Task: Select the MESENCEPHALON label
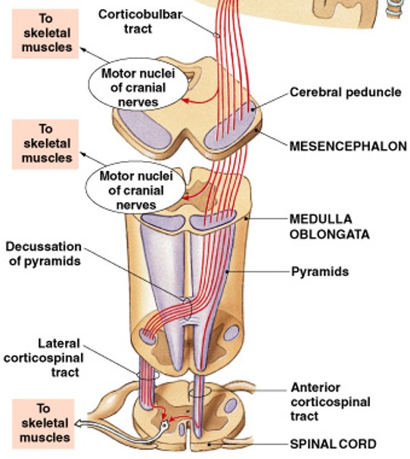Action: click(348, 146)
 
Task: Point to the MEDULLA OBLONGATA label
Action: click(329, 226)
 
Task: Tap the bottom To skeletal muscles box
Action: click(47, 422)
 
